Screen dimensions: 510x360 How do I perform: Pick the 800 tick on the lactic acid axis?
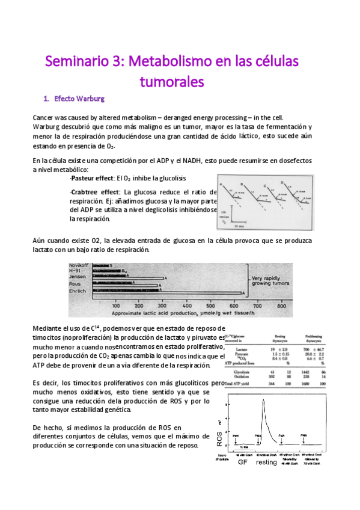pos(280,306)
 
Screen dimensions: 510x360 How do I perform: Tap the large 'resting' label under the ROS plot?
pos(267,479)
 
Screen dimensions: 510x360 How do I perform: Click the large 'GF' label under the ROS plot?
pos(242,479)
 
